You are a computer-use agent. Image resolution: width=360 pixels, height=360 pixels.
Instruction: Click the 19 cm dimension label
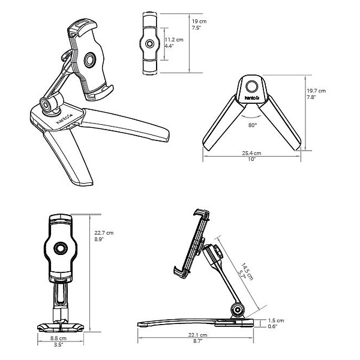click(x=199, y=22)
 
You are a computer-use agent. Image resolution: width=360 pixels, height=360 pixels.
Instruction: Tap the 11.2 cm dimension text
click(x=174, y=40)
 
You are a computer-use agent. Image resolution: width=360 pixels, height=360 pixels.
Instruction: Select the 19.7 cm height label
click(x=316, y=91)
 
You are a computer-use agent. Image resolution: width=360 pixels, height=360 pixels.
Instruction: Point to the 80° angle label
click(x=253, y=125)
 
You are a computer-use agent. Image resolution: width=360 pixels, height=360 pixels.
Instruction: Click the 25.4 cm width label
click(x=251, y=153)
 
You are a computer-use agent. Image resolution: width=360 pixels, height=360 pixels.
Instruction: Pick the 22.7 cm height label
click(x=104, y=233)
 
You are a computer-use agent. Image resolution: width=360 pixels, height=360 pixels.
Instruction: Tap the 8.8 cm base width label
click(x=58, y=338)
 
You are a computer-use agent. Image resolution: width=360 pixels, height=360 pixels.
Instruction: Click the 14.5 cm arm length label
click(x=247, y=272)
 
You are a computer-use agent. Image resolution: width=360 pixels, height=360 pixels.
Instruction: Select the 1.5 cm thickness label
click(x=276, y=320)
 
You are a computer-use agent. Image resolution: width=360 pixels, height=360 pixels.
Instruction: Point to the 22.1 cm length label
click(x=197, y=335)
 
